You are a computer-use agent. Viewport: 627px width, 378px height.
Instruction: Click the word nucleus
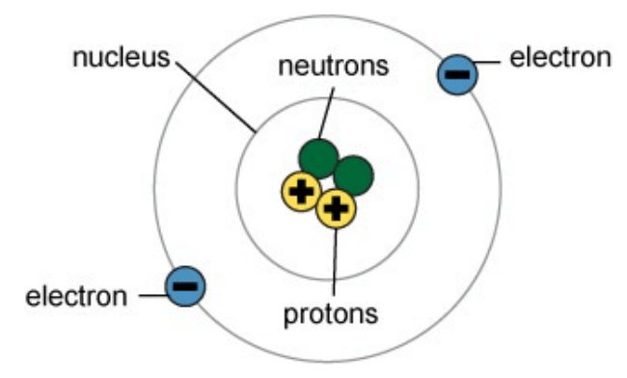pos(122,58)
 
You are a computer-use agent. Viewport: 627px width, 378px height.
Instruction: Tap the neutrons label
pos(334,66)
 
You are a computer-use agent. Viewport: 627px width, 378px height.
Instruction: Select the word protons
pos(331,315)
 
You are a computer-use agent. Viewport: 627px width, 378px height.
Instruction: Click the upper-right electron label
pos(560,58)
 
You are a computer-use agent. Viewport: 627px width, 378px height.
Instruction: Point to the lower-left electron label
pos(76,297)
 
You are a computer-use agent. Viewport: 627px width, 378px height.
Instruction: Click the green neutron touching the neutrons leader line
pos(318,159)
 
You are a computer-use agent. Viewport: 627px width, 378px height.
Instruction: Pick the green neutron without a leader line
pos(353,175)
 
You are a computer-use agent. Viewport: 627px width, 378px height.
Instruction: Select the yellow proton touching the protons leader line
pos(336,208)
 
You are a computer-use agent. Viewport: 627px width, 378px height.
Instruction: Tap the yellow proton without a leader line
pos(302,192)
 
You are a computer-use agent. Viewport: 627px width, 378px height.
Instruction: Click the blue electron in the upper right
pos(457,74)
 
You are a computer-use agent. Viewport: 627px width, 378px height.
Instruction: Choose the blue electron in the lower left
pos(185,286)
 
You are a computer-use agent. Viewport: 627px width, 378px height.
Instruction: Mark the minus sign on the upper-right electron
pos(457,74)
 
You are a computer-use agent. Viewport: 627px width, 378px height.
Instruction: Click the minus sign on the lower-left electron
pos(185,286)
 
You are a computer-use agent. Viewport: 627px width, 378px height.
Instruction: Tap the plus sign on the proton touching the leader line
pos(336,208)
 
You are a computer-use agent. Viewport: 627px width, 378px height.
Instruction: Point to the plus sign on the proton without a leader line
pos(302,192)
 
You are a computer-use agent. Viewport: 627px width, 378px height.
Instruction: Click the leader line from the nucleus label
pos(216,97)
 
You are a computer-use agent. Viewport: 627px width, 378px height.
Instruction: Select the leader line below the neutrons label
pos(326,114)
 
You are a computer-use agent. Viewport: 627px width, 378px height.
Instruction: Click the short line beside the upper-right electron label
pos(486,62)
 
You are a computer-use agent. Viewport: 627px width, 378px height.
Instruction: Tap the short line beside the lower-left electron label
pos(152,296)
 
